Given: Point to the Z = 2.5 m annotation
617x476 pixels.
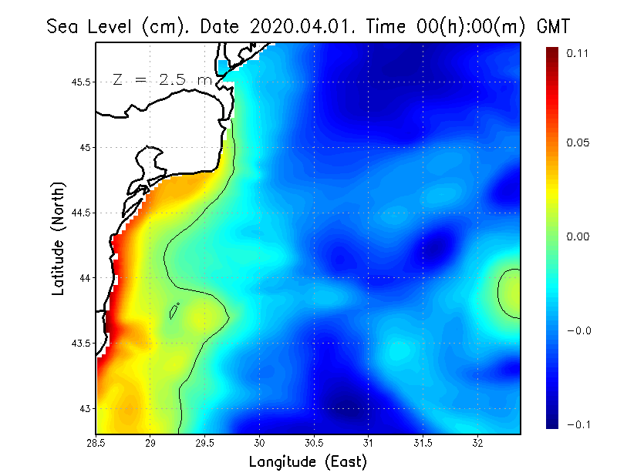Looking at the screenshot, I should click(162, 79).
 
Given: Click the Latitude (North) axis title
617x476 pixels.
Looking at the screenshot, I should click(59, 237).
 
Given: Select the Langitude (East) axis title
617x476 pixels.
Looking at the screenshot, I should click(308, 462).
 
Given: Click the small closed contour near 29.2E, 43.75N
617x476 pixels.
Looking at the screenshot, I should click(174, 311).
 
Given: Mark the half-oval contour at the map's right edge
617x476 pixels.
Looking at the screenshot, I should click(509, 293).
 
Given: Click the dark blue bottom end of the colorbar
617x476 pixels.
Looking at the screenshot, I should click(553, 423).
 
